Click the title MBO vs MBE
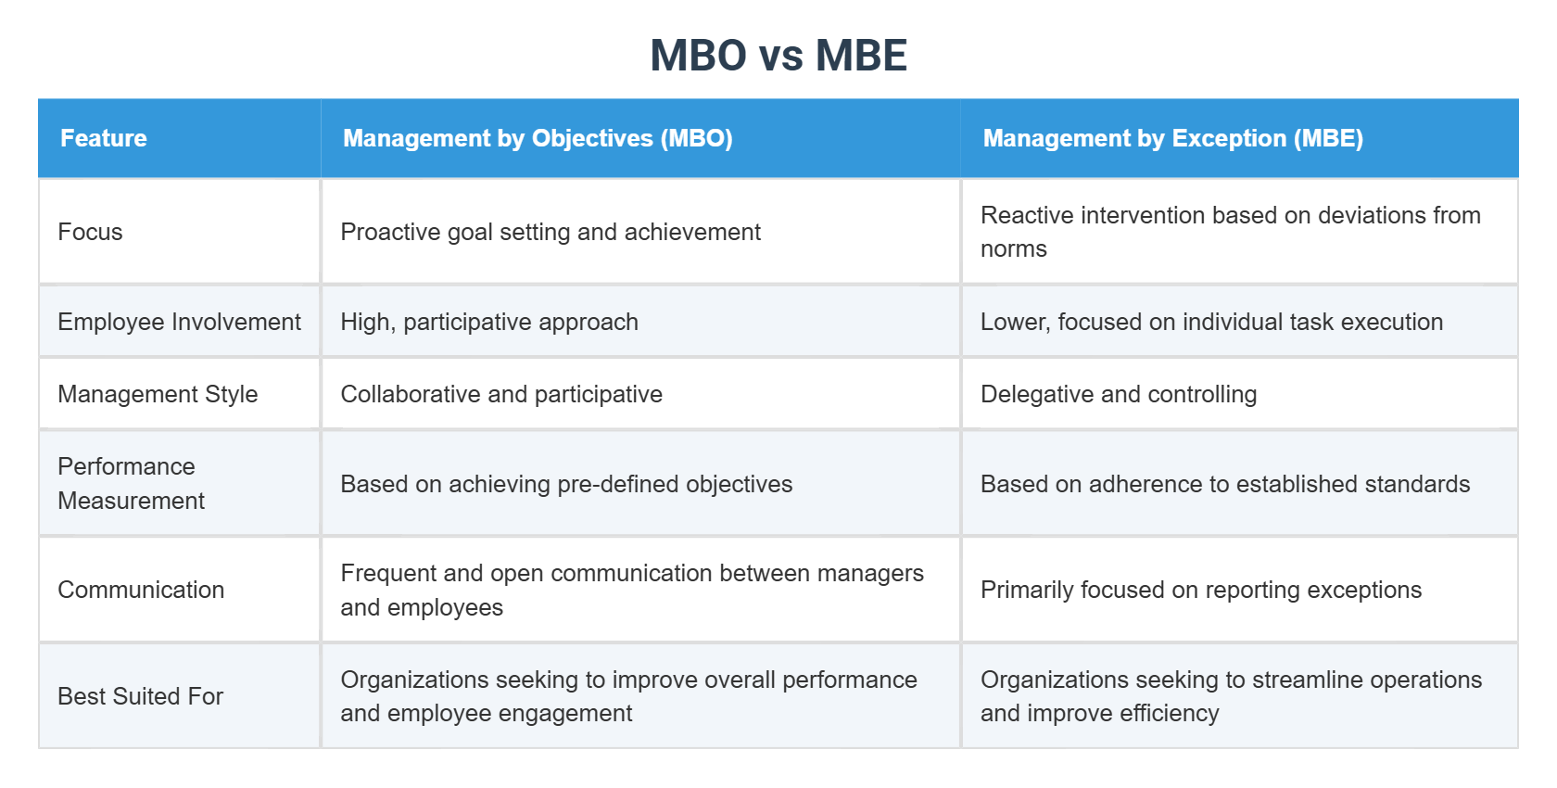[778, 56]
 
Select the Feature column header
[104, 138]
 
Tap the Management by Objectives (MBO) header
[538, 138]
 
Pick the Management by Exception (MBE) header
[1172, 138]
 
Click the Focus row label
[90, 232]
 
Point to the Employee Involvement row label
[179, 322]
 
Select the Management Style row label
[158, 394]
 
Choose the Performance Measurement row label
[131, 483]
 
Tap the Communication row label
[141, 590]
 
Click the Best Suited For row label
[140, 696]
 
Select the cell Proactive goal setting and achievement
[551, 232]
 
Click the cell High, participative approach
[489, 322]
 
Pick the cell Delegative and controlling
[1119, 394]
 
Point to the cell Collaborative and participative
[501, 394]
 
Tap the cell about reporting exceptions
[1200, 590]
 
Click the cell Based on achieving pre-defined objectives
[566, 484]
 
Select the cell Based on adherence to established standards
[1225, 484]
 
